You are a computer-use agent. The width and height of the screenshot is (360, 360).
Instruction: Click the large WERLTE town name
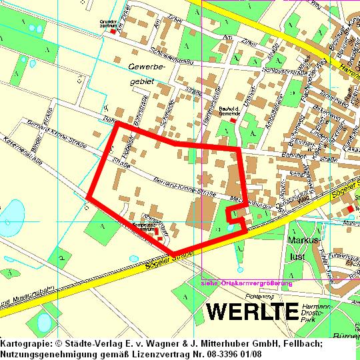click(251, 311)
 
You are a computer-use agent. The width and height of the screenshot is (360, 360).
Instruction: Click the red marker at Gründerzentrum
click(113, 31)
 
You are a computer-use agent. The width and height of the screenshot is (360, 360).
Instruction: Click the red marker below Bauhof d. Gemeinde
click(233, 121)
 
